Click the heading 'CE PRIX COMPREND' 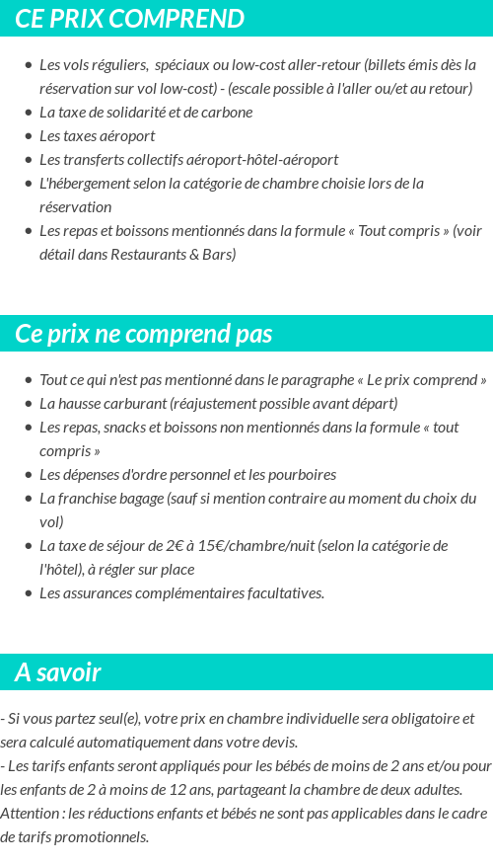pos(129,19)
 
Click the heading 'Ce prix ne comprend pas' pos(143,334)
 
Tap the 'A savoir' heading pos(57,672)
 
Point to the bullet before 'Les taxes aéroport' pos(29,136)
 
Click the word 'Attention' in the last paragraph pos(30,814)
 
